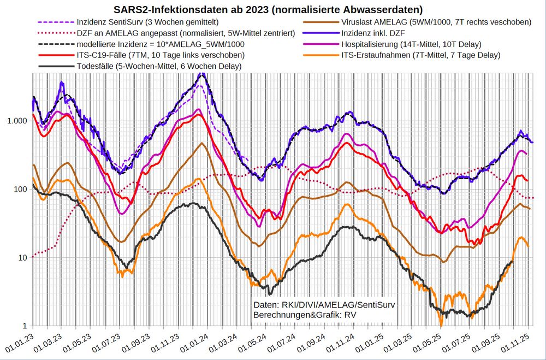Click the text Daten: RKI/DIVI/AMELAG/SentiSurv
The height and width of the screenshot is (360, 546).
click(324, 305)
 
